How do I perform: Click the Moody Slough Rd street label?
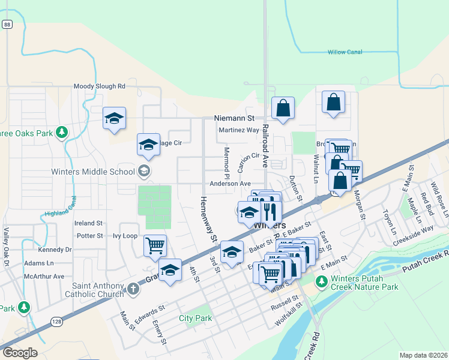[100, 86]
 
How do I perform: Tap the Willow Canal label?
[345, 52]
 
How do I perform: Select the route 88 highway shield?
[7, 24]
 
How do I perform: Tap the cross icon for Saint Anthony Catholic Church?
[133, 290]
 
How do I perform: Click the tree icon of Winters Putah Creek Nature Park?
[322, 281]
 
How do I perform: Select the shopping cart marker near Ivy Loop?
[155, 245]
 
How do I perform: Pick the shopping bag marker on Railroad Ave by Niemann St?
[283, 109]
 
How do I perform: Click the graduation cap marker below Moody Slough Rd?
[113, 118]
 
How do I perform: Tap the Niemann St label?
[235, 119]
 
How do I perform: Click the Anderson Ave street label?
[230, 184]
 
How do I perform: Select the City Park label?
[195, 318]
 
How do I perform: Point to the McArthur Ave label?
[44, 276]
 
